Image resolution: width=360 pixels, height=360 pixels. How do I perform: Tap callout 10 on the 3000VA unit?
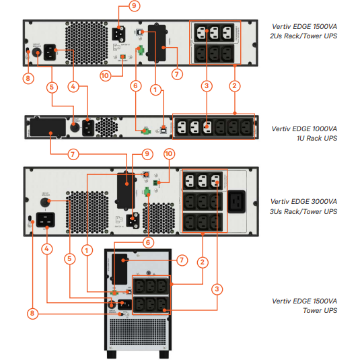pyautogui.click(x=169, y=154)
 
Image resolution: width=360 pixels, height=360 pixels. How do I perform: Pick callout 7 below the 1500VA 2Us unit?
pyautogui.click(x=177, y=74)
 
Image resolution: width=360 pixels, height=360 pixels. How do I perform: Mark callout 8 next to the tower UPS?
pyautogui.click(x=33, y=313)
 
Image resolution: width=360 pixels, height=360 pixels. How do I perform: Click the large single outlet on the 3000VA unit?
pyautogui.click(x=240, y=202)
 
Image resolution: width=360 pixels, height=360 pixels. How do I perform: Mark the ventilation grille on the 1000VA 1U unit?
pyautogui.click(x=106, y=127)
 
